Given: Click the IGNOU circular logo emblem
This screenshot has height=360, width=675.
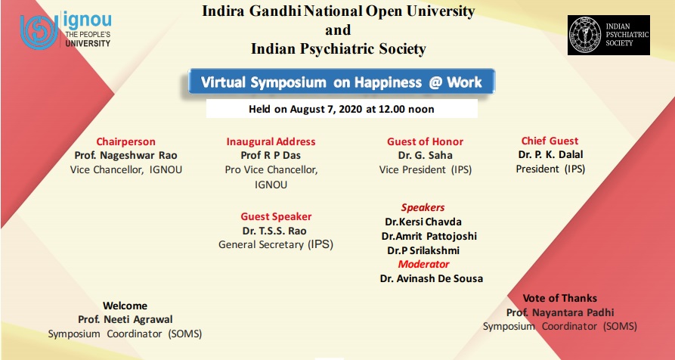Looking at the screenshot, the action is (39, 32).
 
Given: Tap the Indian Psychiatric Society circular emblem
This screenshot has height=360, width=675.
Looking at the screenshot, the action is (584, 35).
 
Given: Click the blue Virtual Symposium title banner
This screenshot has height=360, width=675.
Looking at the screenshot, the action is (342, 82).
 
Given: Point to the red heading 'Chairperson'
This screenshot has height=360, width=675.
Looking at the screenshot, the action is (125, 141).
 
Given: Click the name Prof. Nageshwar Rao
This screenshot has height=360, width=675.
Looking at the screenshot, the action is (125, 156).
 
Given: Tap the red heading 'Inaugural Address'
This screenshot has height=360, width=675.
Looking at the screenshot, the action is (271, 141).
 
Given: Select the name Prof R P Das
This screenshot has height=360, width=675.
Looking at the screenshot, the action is (271, 155).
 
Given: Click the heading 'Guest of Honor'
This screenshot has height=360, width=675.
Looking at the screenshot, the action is (425, 141).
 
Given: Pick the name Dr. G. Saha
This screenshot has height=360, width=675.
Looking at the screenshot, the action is (425, 155).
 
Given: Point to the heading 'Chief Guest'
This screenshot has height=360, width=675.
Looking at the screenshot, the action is (550, 141).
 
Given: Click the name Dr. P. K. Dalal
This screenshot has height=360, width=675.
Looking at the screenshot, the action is (550, 154).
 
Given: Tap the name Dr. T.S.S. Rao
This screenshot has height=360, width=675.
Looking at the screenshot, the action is (274, 231).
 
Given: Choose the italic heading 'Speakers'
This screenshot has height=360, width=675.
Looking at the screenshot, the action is (423, 207).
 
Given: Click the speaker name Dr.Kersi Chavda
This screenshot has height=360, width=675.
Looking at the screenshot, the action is (423, 222).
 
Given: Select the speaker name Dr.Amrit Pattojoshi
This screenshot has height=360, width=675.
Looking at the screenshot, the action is (429, 236).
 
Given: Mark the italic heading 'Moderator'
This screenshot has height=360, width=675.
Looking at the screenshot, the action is (423, 264).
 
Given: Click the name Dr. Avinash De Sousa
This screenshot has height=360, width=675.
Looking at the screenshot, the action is (432, 278).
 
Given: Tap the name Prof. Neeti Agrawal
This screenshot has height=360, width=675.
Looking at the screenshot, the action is (125, 320).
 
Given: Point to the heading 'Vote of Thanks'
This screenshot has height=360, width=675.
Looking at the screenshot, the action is (559, 298).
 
